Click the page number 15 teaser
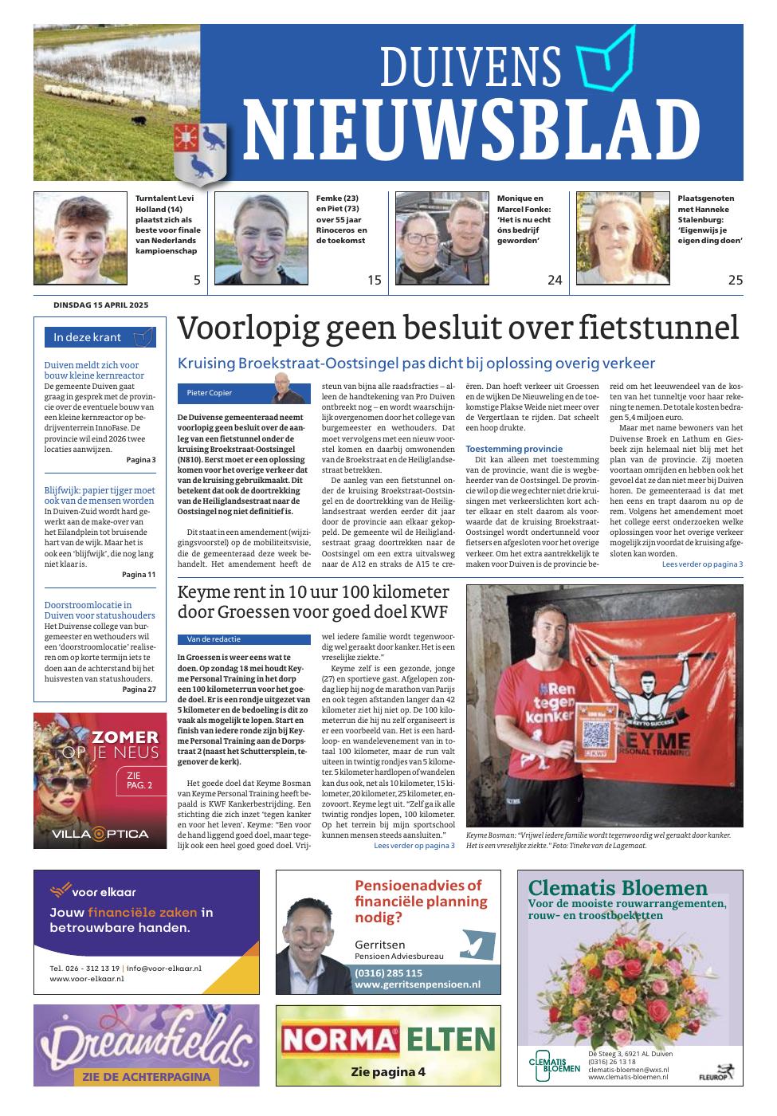click(x=375, y=280)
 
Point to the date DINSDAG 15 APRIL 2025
click(x=100, y=305)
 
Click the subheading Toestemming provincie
click(x=514, y=449)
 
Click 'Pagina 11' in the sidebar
click(x=139, y=574)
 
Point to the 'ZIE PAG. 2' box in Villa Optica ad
click(x=139, y=779)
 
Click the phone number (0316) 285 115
click(x=389, y=973)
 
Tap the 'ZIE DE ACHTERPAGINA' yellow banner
click(x=146, y=1076)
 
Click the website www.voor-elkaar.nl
click(x=87, y=978)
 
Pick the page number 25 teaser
click(x=735, y=280)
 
